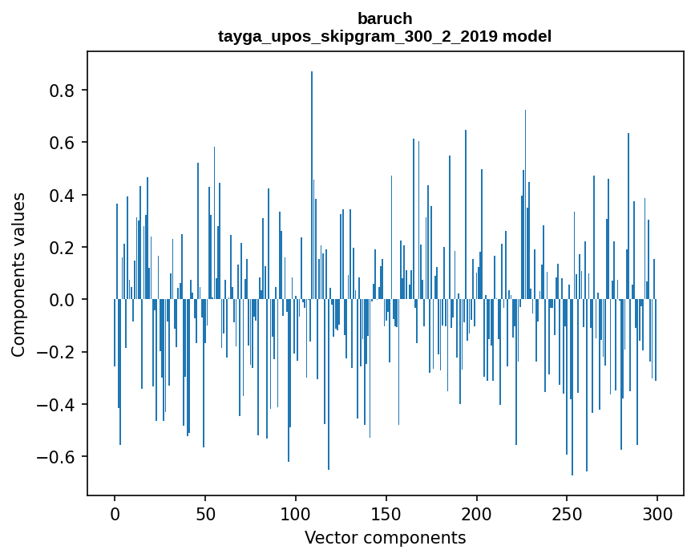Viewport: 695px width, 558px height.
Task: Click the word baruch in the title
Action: [x=385, y=18]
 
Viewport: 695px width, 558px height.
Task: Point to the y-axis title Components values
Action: [x=18, y=274]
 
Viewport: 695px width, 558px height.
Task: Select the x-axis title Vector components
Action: [x=385, y=537]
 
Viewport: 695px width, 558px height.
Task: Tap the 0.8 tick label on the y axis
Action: [x=63, y=91]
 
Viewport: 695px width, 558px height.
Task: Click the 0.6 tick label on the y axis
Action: [x=63, y=143]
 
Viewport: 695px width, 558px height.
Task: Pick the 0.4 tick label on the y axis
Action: [x=63, y=196]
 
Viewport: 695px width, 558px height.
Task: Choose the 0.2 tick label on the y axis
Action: [x=63, y=248]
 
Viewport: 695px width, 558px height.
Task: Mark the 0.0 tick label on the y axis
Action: [x=63, y=300]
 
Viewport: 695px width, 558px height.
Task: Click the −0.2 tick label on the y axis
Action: [x=59, y=352]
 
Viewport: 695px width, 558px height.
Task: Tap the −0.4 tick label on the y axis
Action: [x=59, y=405]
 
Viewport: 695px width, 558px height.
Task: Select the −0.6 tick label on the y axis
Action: [x=59, y=457]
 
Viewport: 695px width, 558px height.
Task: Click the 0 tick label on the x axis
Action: [x=115, y=513]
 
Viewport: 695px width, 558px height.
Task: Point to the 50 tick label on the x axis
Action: [x=205, y=513]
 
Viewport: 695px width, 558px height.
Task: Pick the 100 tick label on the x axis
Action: [x=296, y=513]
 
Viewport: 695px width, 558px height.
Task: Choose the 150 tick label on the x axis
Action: [x=386, y=513]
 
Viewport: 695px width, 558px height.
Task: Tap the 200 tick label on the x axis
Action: [x=477, y=513]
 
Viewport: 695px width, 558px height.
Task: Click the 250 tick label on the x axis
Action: [x=567, y=513]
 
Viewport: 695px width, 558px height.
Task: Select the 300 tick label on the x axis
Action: [x=657, y=513]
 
